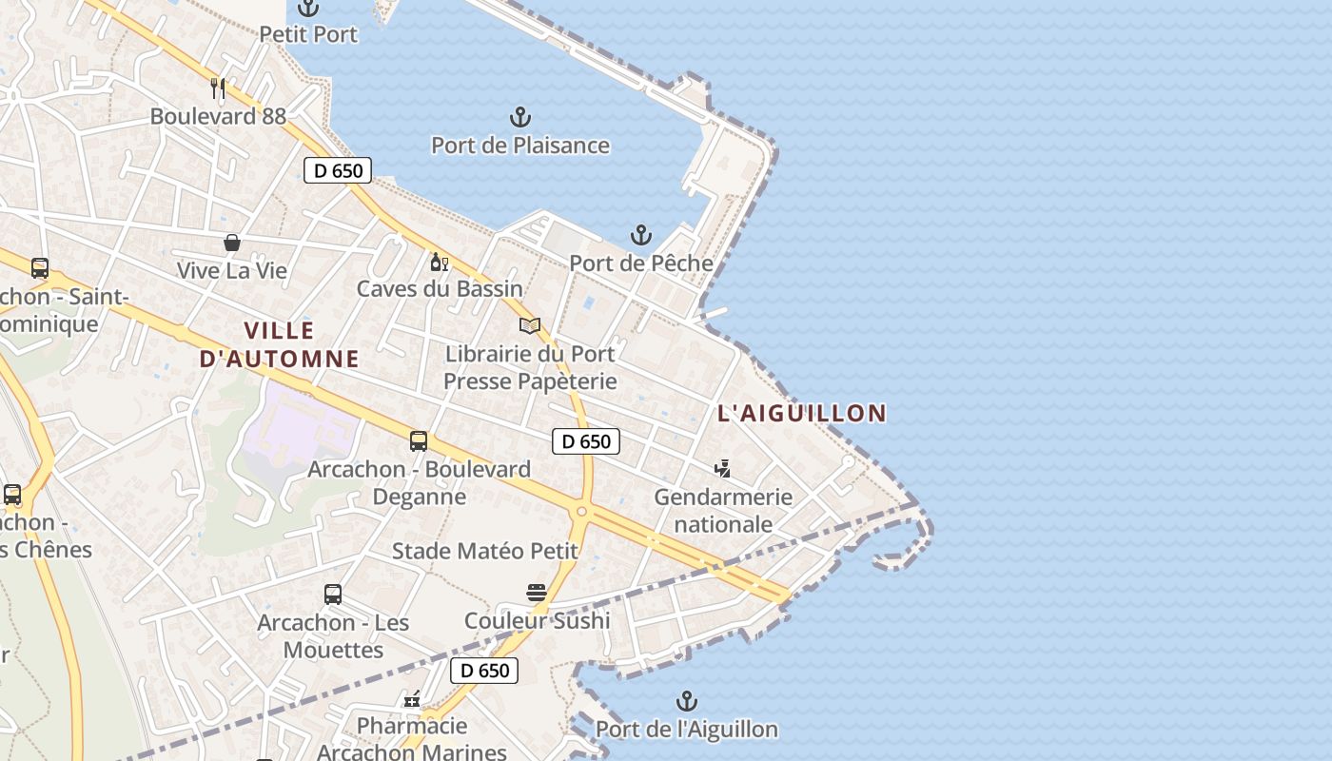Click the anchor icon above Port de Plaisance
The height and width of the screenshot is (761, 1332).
point(519,118)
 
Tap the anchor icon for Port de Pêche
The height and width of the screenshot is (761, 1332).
point(641,235)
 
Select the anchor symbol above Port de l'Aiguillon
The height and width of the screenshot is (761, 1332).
point(687,702)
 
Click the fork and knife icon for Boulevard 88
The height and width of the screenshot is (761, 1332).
point(218,88)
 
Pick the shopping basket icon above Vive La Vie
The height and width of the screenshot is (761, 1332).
point(232,243)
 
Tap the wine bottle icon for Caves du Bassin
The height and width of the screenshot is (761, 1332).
point(439,262)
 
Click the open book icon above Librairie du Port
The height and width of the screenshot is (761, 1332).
point(530,326)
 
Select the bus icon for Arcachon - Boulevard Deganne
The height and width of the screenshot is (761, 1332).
point(419,441)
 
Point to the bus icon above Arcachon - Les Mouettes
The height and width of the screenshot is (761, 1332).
point(333,595)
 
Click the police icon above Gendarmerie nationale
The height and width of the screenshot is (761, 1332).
point(723,468)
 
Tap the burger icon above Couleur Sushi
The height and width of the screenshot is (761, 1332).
point(537,593)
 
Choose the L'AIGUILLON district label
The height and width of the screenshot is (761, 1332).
point(802,413)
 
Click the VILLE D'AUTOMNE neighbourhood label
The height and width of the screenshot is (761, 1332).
point(280,344)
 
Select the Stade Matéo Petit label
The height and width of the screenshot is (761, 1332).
point(485,551)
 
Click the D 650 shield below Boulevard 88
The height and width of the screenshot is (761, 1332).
point(338,171)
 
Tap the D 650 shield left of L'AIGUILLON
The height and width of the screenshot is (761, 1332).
point(586,441)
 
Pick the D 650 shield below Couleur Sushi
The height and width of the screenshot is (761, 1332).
point(485,671)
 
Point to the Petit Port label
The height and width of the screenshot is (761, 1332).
point(309,34)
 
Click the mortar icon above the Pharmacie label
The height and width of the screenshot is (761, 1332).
point(412,700)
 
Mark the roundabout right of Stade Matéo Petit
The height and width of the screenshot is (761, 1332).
point(580,511)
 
